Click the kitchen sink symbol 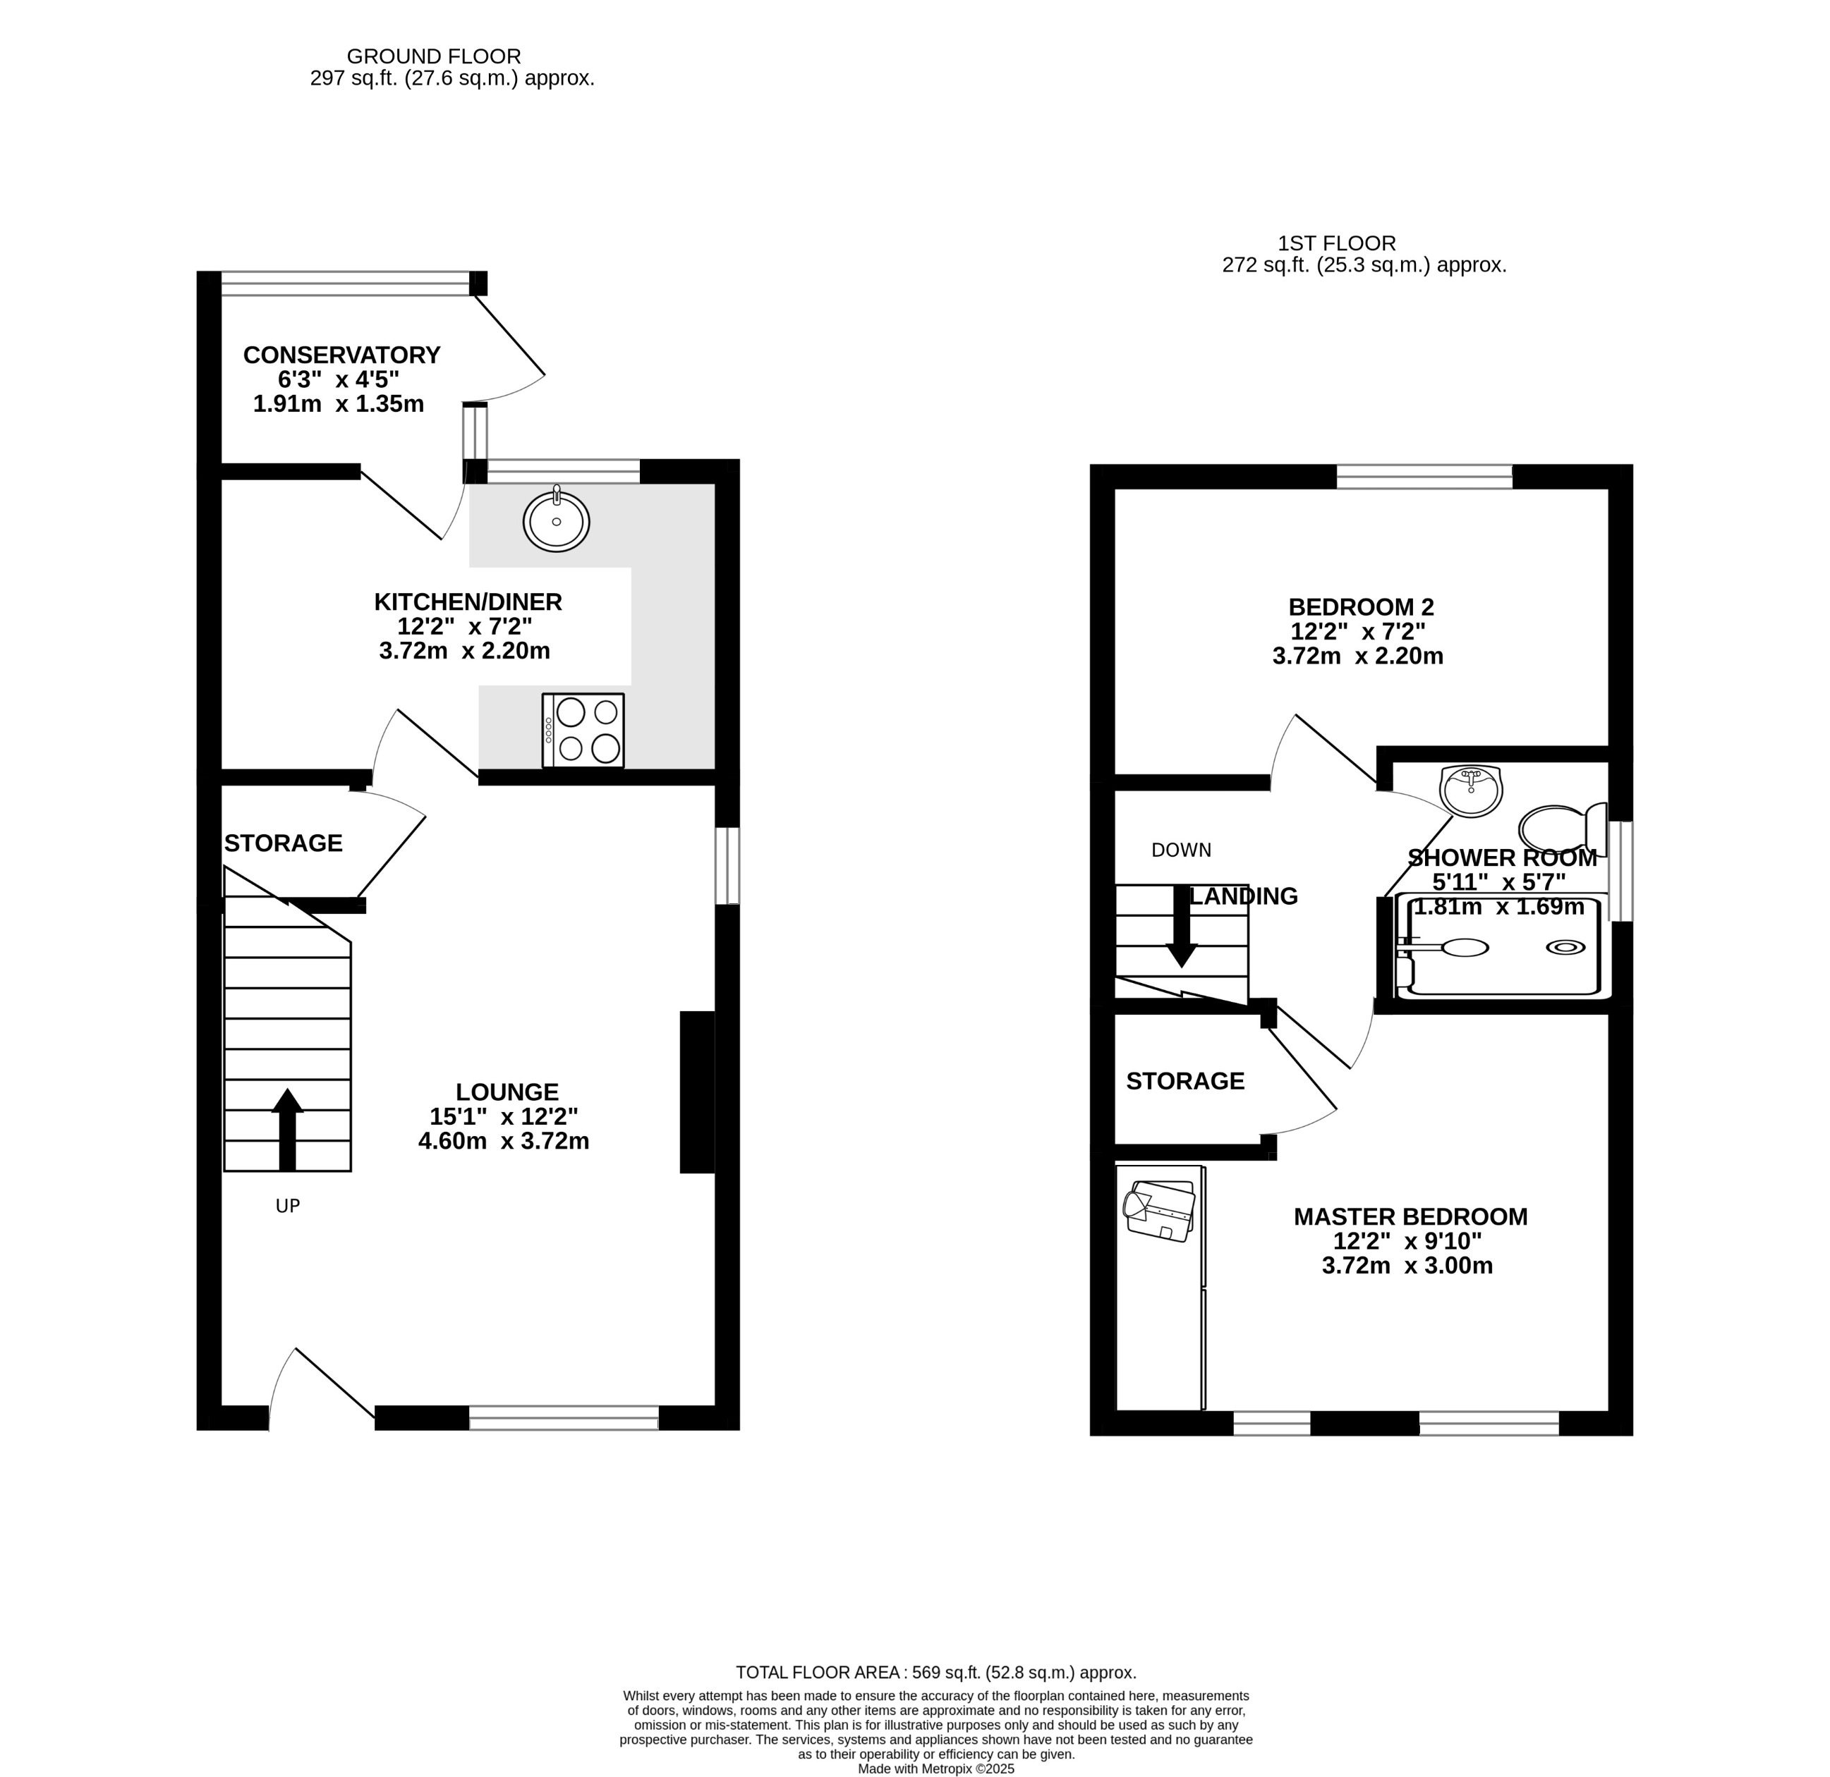tap(557, 521)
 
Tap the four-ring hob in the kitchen tap(583, 731)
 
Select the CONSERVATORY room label tap(341, 355)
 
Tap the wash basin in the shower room tap(1472, 790)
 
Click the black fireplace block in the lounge tap(696, 1092)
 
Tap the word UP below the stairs tap(288, 1206)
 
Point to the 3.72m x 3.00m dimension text tap(1407, 1266)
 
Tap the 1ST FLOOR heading tap(1337, 243)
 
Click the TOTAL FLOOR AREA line tap(935, 1673)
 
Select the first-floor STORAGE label tap(1184, 1081)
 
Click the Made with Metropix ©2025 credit tap(935, 1769)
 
